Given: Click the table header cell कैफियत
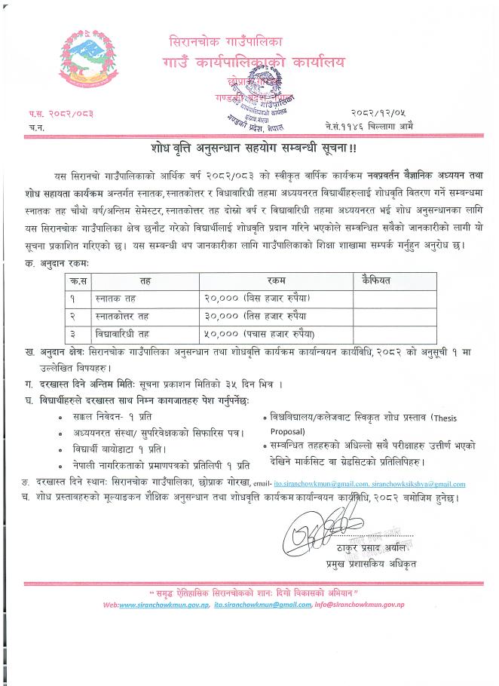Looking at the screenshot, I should point(376,280).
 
